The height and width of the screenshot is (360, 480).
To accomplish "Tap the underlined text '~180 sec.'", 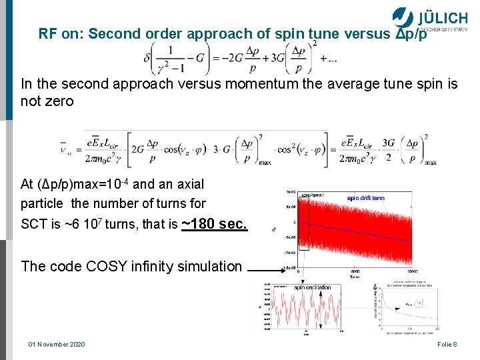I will click(x=215, y=224).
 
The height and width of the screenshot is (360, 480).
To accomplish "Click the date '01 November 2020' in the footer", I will click(x=57, y=344).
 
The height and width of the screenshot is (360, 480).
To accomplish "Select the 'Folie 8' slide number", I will click(x=446, y=344).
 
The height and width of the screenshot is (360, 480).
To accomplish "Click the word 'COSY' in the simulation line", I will click(x=98, y=267).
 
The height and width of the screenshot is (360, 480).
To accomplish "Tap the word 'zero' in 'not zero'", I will click(x=59, y=102).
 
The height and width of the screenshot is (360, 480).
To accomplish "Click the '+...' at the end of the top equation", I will click(x=329, y=60).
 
